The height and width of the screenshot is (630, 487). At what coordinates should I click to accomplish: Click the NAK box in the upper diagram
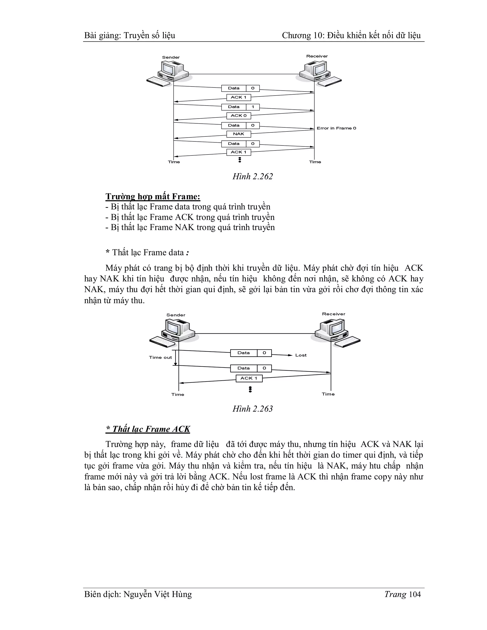(239, 134)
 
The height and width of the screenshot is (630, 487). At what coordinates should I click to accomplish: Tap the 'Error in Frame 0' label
(336, 128)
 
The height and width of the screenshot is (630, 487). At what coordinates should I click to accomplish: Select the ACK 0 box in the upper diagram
(239, 116)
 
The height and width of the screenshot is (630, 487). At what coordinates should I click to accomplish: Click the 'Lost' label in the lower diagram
(301, 355)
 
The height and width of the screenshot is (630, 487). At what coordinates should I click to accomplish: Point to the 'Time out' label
(161, 357)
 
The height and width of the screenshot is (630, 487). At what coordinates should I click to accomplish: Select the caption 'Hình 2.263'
(253, 408)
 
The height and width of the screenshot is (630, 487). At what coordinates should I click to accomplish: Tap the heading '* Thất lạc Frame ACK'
(148, 429)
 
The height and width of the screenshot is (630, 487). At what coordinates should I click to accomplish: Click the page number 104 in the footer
(415, 594)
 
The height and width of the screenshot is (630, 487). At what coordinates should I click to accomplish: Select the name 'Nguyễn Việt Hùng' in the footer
(157, 594)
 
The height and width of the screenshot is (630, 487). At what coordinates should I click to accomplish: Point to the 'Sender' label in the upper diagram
(171, 57)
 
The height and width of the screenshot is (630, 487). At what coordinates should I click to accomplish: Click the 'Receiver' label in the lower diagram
(334, 314)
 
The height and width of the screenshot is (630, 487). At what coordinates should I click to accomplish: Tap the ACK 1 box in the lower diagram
(249, 378)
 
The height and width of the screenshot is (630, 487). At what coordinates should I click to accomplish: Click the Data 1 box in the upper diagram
(240, 107)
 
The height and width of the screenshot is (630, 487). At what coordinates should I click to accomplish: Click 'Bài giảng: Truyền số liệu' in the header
(130, 35)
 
